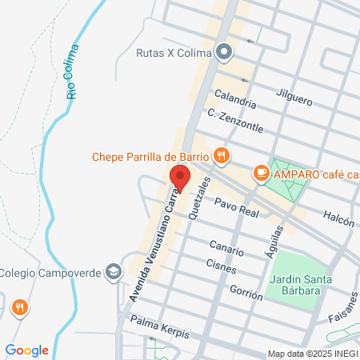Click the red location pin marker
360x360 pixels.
[x=179, y=178]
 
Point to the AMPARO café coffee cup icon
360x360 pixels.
[x=261, y=172]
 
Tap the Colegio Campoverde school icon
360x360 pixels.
[x=114, y=273]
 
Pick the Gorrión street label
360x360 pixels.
[x=245, y=292]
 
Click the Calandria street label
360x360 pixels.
[x=231, y=104]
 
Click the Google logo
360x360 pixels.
[x=26, y=350]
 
